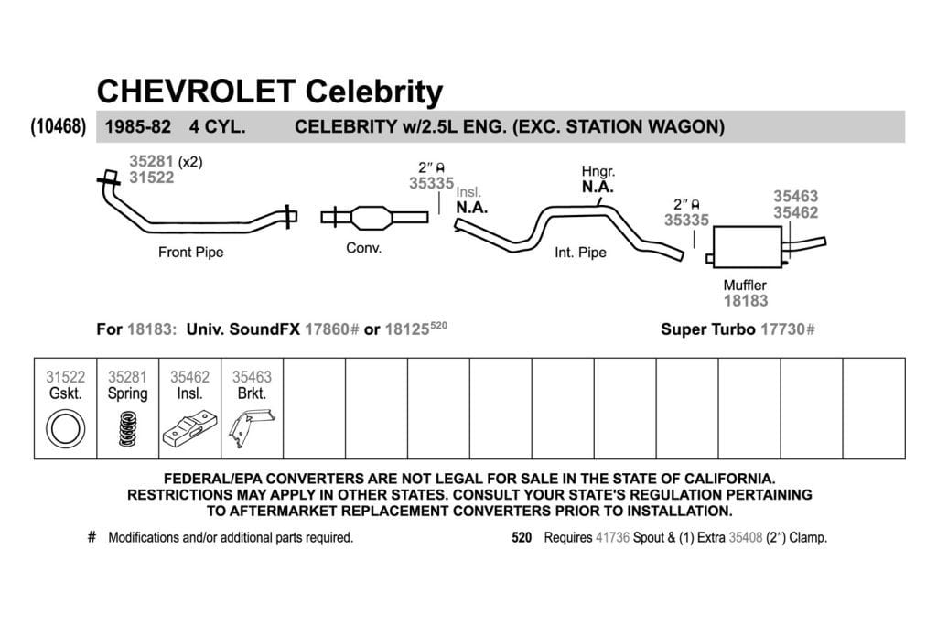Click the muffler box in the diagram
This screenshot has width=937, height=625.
point(748,247)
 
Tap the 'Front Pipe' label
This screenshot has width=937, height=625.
point(190,253)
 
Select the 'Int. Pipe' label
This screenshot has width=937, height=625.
point(580,253)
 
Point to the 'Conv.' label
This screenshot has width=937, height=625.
point(363,248)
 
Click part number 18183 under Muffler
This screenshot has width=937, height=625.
point(745,300)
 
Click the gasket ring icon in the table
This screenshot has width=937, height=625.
point(65,428)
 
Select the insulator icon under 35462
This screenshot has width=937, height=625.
point(190,428)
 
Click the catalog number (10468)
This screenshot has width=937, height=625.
point(59,126)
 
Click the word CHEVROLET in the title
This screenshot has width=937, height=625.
point(196,92)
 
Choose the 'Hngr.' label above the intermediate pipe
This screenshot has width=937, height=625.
point(598,171)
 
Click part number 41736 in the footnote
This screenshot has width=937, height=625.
point(612,537)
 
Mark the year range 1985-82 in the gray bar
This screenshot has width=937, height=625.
point(138,126)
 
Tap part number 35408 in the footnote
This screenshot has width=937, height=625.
point(745,537)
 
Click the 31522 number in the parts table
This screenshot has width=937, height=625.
point(65,377)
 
